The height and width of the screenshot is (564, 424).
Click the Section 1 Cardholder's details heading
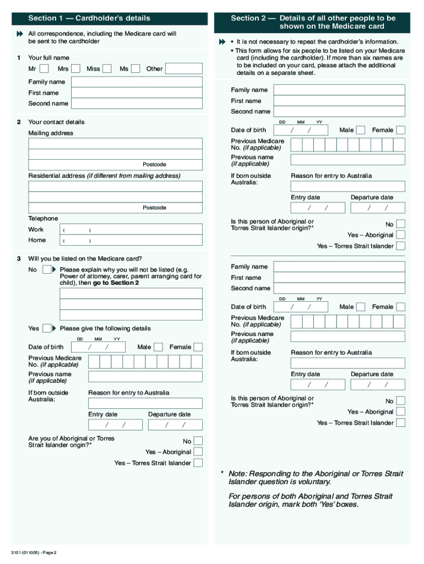click(x=89, y=18)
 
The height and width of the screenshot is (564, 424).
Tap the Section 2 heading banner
click(x=313, y=22)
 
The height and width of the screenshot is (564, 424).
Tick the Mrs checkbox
click(x=76, y=69)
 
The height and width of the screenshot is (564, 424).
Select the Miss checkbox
click(x=107, y=69)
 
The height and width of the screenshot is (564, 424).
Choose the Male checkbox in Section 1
click(x=159, y=347)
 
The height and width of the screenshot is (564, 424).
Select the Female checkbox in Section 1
click(x=198, y=347)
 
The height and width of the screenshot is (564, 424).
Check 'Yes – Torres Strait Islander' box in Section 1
click(x=198, y=463)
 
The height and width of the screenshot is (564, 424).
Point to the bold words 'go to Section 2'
click(x=116, y=283)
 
